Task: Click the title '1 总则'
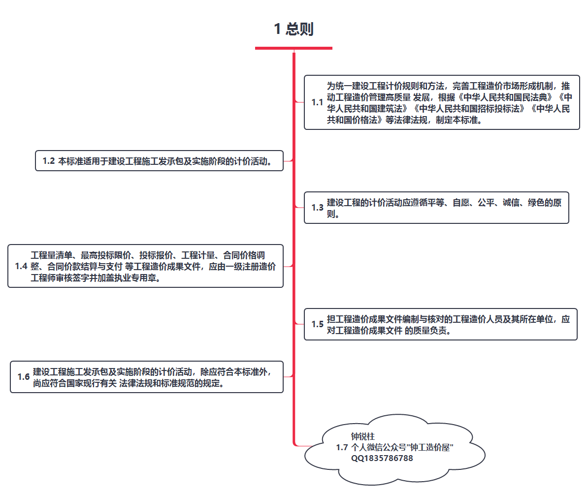tap(294, 29)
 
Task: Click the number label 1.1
tap(317, 102)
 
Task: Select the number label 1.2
tap(49, 161)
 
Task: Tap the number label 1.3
tap(317, 208)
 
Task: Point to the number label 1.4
tap(21, 266)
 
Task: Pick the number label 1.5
tap(317, 324)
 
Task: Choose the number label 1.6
tap(23, 377)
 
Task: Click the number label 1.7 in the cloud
tap(342, 447)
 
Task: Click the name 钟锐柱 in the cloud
tap(363, 436)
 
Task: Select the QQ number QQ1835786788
tap(382, 458)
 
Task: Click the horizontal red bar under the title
tap(294, 48)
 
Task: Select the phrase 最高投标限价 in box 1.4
tap(106, 255)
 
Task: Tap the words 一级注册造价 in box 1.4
tap(251, 267)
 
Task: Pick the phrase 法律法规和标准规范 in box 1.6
tap(157, 383)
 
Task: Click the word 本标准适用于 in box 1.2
tap(83, 161)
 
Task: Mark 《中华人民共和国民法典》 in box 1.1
tap(506, 97)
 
